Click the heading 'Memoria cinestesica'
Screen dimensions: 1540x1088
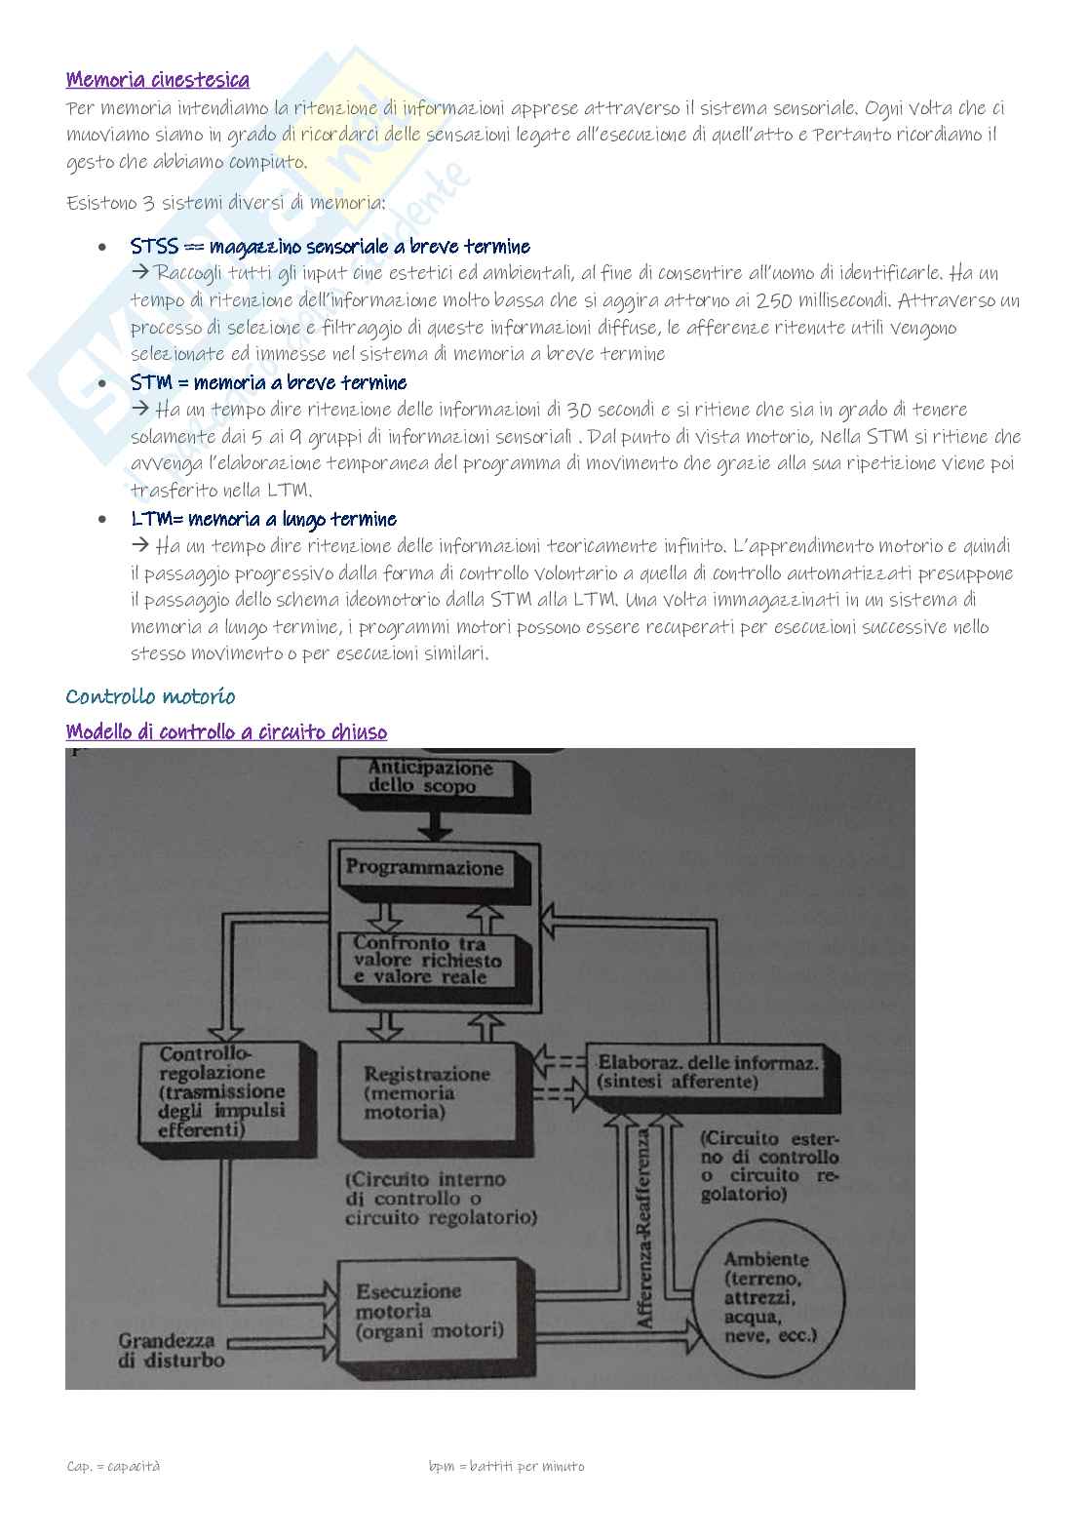tap(157, 80)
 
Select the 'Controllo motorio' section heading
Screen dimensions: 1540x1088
tap(150, 696)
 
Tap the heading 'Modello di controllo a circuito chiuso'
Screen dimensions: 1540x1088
tap(226, 731)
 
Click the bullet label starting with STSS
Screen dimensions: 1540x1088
tap(330, 246)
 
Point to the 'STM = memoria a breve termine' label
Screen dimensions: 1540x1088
tap(269, 382)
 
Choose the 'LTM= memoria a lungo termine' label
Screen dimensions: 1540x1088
tap(263, 519)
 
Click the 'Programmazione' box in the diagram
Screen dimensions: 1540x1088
tap(426, 868)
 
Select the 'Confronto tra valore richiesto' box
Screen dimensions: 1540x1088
tap(429, 961)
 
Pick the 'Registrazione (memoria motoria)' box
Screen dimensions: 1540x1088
tap(425, 1092)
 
